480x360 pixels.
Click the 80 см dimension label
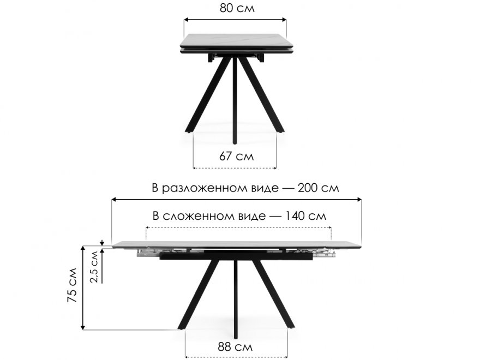click(x=237, y=8)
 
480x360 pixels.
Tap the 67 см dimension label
click(x=236, y=156)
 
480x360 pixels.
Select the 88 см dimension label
click(x=235, y=347)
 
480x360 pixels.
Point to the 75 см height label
click(x=72, y=285)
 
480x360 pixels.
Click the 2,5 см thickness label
click(x=94, y=266)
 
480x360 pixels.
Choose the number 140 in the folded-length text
click(x=295, y=216)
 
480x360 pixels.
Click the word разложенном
click(x=220, y=189)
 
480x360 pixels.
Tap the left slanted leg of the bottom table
click(x=199, y=295)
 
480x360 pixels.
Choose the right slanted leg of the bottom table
click(x=273, y=295)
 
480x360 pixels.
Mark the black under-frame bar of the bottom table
click(x=236, y=256)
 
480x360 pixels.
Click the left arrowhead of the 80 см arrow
click(x=186, y=20)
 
